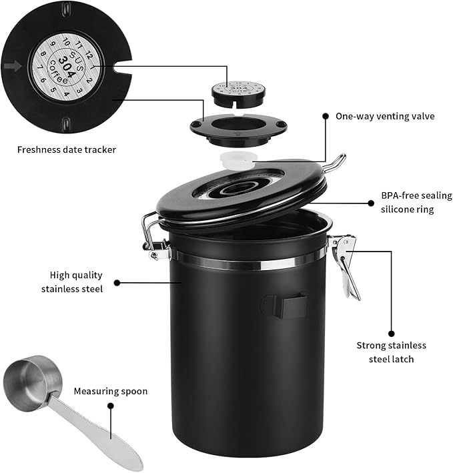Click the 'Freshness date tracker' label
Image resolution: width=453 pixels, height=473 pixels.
[67, 149]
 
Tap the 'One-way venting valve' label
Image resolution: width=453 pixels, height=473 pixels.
[385, 116]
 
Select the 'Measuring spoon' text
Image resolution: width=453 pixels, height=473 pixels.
[111, 391]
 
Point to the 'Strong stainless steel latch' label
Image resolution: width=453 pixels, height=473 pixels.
[392, 352]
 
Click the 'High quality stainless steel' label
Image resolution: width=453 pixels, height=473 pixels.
[72, 282]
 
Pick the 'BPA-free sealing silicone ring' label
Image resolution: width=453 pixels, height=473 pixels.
[416, 202]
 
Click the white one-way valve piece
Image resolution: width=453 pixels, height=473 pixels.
[238, 157]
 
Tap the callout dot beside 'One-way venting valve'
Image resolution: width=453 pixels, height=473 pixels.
[326, 116]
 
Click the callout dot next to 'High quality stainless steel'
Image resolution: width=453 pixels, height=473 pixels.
[117, 282]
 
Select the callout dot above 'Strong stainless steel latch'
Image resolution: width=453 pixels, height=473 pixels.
[391, 331]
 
